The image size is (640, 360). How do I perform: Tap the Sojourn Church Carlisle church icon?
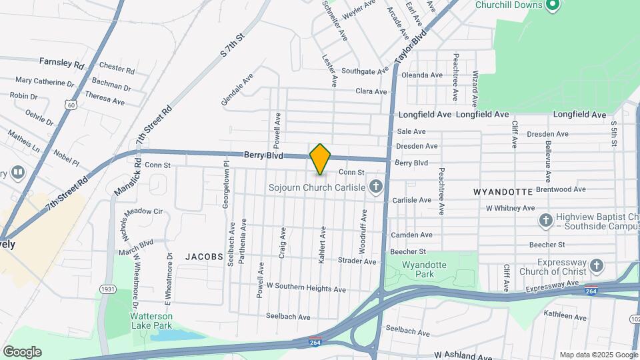click(x=376, y=187)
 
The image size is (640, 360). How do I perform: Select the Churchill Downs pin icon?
click(x=551, y=6)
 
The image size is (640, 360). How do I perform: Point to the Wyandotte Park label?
click(x=423, y=269)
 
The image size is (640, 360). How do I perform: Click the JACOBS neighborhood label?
click(x=203, y=256)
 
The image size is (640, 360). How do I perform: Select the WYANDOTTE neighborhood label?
click(x=503, y=191)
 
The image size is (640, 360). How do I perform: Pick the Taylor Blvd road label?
click(x=409, y=49)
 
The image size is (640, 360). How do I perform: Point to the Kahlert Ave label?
click(x=322, y=245)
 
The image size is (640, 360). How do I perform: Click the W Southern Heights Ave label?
click(x=306, y=289)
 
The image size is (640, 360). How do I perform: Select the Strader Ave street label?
click(x=357, y=261)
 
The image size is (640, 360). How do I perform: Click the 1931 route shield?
click(x=107, y=289)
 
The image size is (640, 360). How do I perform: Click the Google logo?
click(x=22, y=351)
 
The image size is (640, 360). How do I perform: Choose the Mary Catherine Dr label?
click(x=45, y=83)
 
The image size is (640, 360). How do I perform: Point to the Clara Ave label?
click(x=371, y=91)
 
